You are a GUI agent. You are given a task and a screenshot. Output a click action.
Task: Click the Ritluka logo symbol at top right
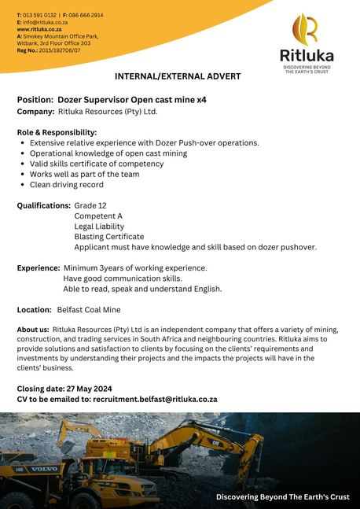(x=305, y=29)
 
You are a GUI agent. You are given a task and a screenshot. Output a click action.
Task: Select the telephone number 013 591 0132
(x=39, y=15)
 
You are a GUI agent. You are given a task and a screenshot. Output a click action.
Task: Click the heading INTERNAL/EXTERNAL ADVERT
(x=178, y=76)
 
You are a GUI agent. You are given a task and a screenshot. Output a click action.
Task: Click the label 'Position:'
(x=35, y=100)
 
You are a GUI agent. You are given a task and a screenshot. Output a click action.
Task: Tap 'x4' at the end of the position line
(x=202, y=100)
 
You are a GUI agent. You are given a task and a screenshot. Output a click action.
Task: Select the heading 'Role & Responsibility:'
(x=57, y=132)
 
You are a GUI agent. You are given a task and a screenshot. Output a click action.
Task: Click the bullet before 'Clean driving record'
(x=22, y=185)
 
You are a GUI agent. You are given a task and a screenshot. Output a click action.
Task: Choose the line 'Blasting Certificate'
(x=109, y=236)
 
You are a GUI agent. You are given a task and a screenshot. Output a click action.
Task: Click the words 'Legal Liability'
(x=99, y=226)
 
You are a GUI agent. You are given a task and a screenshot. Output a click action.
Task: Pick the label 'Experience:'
(x=39, y=268)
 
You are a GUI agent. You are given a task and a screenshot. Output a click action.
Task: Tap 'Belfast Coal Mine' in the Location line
(x=89, y=310)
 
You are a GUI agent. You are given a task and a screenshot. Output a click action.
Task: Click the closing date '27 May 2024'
(x=88, y=389)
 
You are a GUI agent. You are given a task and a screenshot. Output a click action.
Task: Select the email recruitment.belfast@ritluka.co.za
(x=155, y=399)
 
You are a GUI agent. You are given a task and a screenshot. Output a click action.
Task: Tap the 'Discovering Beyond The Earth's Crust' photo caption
(x=282, y=497)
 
